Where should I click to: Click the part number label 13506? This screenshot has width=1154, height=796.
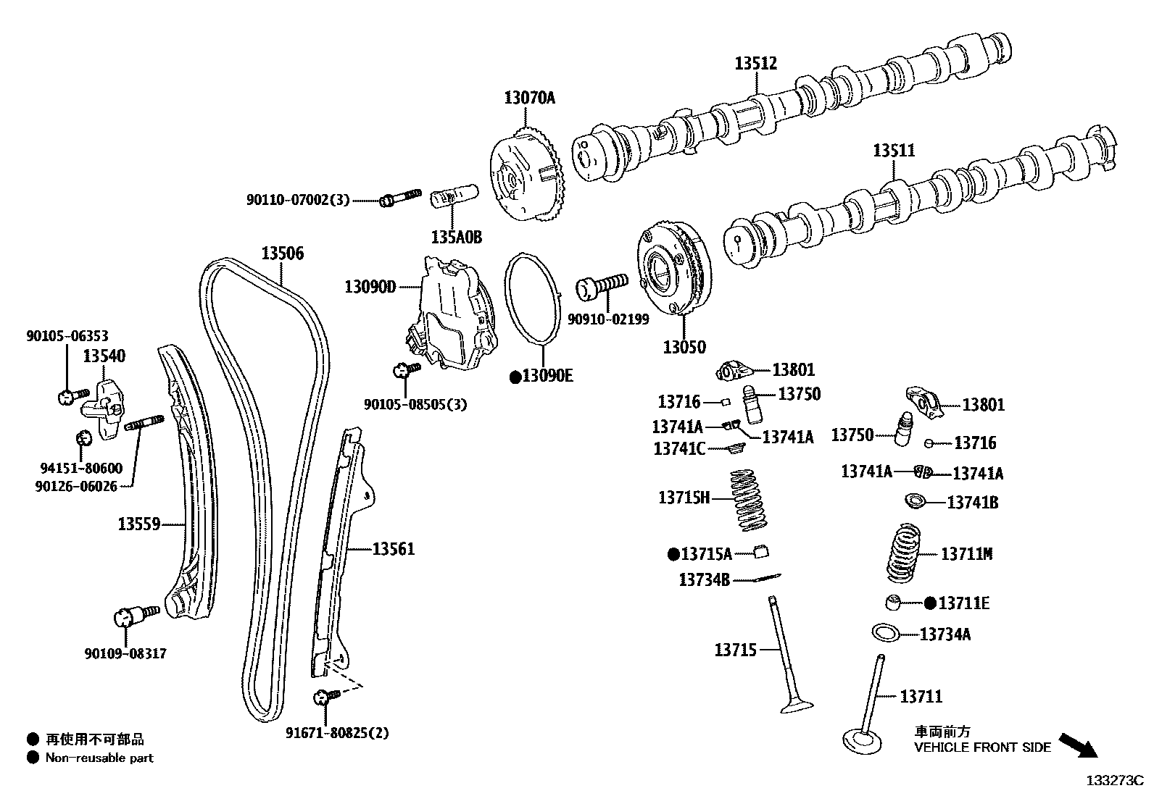coord(283,254)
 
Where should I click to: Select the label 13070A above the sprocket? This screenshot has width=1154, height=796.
coord(529,98)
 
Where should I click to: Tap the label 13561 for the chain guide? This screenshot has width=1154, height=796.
coord(394,549)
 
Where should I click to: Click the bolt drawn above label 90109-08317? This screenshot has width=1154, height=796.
coord(136,616)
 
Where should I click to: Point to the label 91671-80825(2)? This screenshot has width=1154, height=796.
coord(337,733)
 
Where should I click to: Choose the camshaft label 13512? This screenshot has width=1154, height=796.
coord(755,64)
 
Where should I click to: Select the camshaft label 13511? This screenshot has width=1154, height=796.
coord(893,151)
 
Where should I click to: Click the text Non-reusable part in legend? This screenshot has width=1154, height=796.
coord(99,758)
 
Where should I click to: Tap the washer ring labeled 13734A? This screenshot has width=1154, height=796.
coord(886,632)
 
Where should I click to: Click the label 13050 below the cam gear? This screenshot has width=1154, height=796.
coord(684,347)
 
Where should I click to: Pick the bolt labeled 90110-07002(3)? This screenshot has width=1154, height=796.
coord(399,197)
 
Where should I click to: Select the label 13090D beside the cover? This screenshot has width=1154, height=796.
coord(370,287)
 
